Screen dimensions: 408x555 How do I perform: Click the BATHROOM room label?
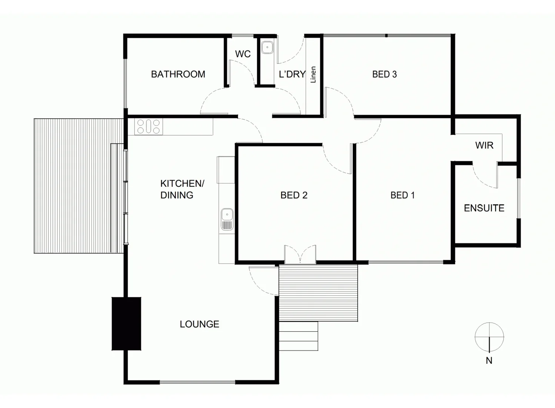coord(178,74)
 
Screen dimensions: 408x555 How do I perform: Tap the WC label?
coord(243,54)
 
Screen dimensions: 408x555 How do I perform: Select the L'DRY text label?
coord(292,74)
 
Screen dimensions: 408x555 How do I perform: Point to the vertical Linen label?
coord(313,75)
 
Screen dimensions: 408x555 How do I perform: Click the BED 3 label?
coord(384,74)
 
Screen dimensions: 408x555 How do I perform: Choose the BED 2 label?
coord(294,195)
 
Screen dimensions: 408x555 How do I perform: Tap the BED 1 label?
coord(402,195)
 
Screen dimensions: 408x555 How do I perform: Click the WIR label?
coord(484,145)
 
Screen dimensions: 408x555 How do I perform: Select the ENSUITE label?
coord(484,208)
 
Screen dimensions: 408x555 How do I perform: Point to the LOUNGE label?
coord(199,324)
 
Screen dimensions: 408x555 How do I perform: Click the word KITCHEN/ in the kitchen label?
coord(182,184)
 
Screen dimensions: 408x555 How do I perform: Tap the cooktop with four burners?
coord(149,127)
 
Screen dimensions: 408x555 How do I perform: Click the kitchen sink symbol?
coord(227,219)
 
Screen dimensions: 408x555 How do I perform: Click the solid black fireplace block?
coord(126,324)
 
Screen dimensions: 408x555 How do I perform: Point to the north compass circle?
coord(489,337)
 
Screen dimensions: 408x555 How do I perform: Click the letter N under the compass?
coord(489,361)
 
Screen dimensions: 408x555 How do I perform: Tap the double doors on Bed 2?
coord(300,254)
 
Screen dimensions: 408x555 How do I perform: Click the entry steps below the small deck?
coord(298,336)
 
